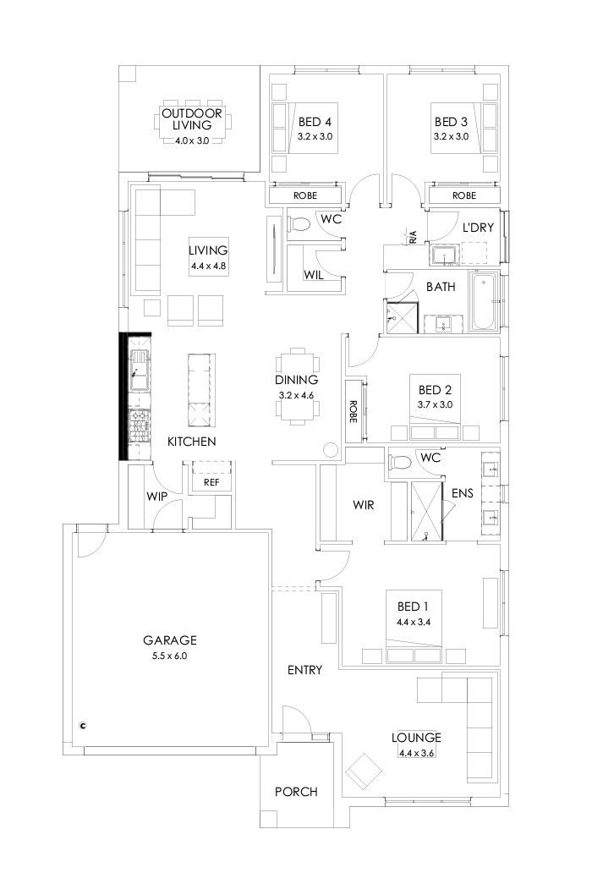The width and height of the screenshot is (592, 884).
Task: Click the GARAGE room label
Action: point(169,640)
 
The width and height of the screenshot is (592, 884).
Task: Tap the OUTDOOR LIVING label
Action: point(191,119)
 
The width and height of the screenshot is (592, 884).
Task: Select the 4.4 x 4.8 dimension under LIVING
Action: point(209,266)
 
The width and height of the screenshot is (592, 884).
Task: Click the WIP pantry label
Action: point(155,496)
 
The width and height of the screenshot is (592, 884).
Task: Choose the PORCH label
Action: point(296,792)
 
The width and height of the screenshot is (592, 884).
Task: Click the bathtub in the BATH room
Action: point(484,303)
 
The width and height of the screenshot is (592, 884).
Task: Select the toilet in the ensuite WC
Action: point(400,461)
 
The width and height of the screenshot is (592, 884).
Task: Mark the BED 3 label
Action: point(450,121)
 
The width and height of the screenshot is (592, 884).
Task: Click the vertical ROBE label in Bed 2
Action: point(354,409)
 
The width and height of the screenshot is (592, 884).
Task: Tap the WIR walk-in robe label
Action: point(364,505)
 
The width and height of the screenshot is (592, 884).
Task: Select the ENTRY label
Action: point(304,670)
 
